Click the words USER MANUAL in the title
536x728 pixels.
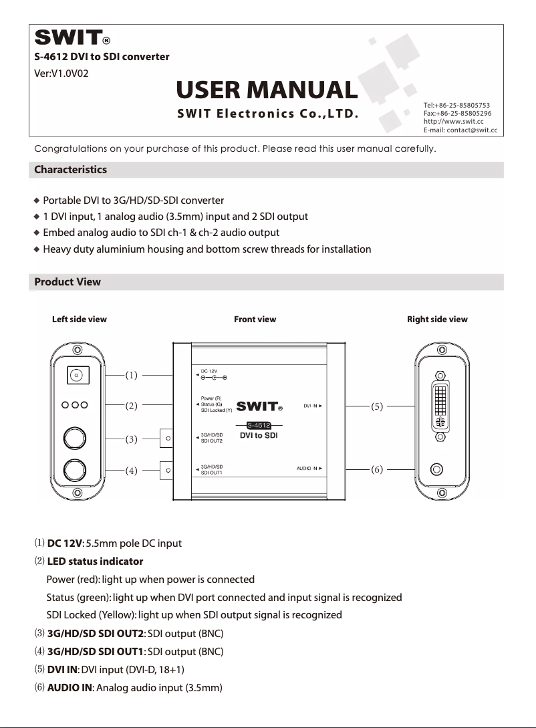[267, 90]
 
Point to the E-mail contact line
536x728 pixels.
[460, 130]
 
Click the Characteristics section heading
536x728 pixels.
[70, 170]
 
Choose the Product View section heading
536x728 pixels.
[68, 282]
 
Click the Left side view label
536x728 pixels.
[80, 320]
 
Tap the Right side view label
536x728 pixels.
[437, 320]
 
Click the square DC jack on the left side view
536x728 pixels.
[80, 376]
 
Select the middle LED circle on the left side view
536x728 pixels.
[79, 405]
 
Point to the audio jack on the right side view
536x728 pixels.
[438, 469]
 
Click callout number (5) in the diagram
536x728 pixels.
[377, 406]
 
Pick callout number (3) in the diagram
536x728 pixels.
[132, 439]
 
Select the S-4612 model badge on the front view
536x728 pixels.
[258, 425]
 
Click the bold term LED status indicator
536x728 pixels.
[95, 562]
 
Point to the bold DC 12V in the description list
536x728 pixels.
[64, 543]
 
